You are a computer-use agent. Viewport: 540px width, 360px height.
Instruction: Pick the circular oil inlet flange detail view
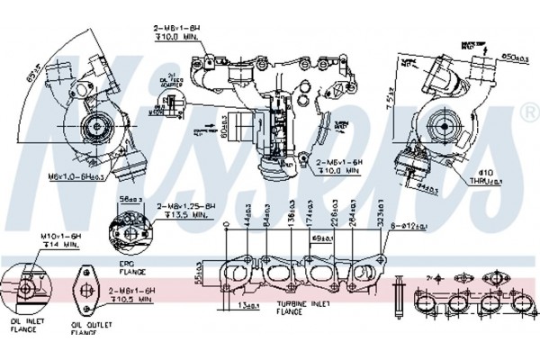click(25, 283)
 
